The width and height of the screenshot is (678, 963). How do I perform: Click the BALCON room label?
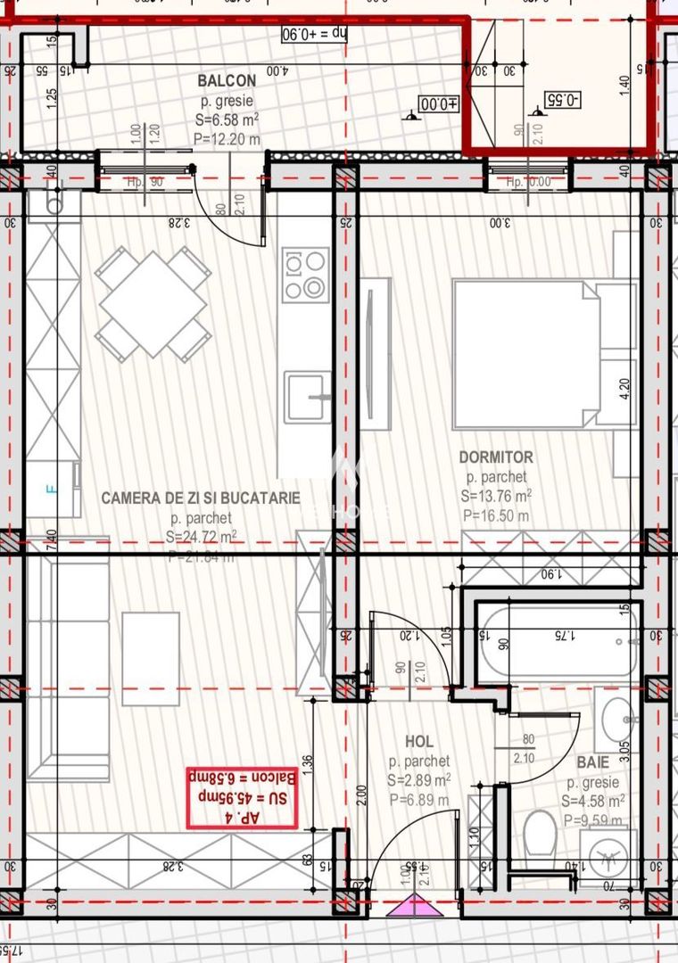click(227, 81)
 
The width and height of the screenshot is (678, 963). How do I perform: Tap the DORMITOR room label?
click(496, 457)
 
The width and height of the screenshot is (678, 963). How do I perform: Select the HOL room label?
click(419, 741)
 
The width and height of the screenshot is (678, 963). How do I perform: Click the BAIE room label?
click(592, 762)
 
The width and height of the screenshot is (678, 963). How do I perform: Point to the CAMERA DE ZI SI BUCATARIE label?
click(201, 498)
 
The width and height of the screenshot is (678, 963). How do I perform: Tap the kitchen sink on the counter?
click(306, 397)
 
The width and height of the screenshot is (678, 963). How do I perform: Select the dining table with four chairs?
click(153, 304)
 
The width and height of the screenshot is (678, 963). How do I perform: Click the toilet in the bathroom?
click(540, 833)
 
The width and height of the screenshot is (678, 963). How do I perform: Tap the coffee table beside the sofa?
click(151, 658)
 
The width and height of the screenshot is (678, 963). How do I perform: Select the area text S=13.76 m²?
click(496, 497)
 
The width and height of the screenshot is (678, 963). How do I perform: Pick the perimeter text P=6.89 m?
click(419, 800)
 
